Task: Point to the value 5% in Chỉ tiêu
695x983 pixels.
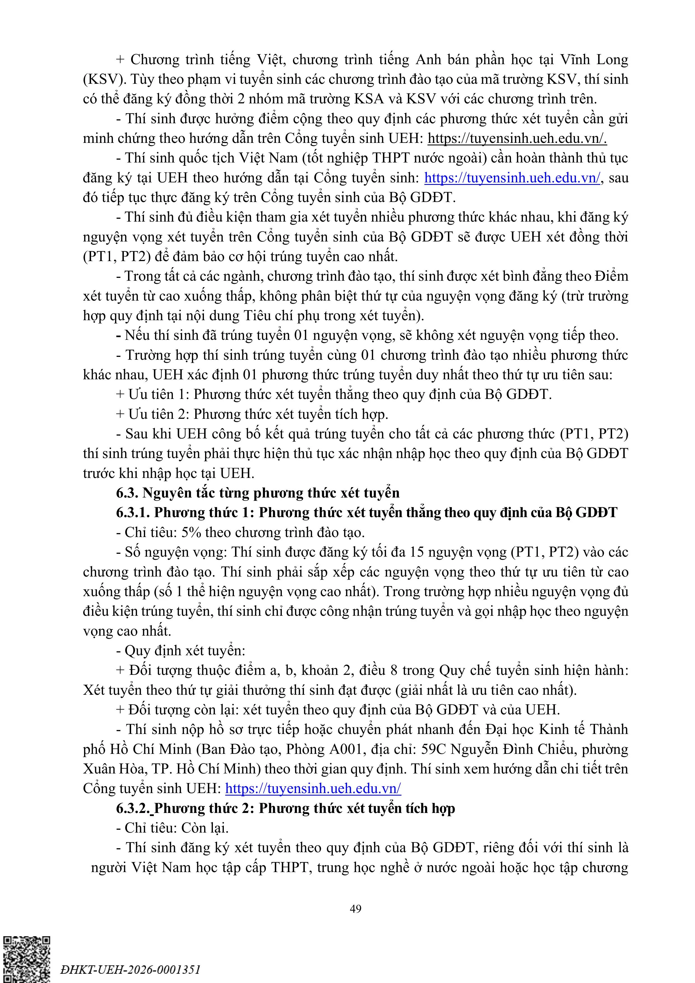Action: [x=191, y=533]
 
